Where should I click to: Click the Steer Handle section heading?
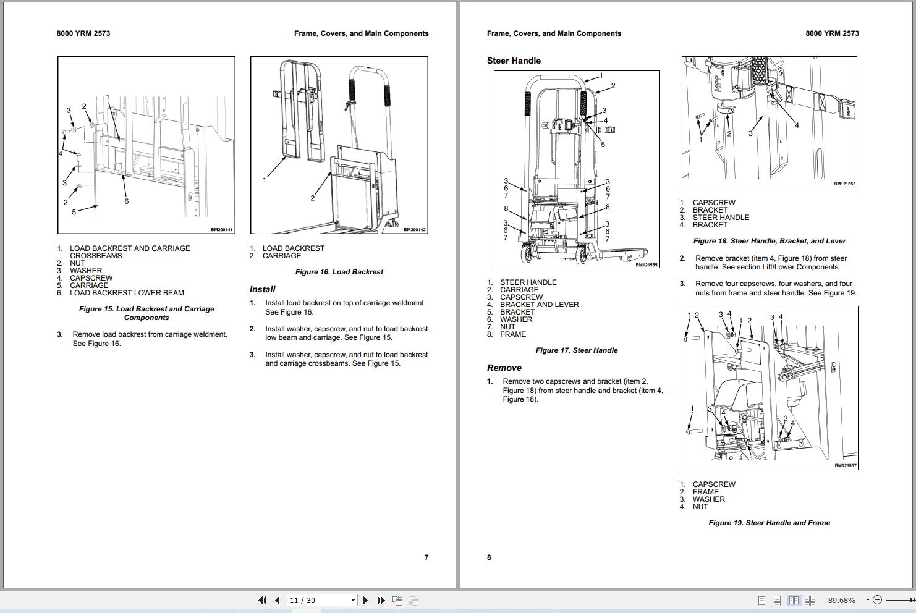pos(514,61)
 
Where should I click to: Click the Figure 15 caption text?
pos(146,313)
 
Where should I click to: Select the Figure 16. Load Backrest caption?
pos(339,272)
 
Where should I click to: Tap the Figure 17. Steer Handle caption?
pos(576,350)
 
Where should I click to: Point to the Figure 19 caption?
pos(769,523)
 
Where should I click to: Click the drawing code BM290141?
pos(221,230)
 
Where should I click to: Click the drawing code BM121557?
pos(845,466)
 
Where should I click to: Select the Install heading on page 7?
pos(263,289)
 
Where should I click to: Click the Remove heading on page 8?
pos(504,368)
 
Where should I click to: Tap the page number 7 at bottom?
pos(426,557)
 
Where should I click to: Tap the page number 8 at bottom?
pos(489,557)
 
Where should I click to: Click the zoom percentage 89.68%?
pos(841,600)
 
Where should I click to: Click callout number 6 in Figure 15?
pos(127,201)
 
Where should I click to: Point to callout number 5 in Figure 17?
pos(603,145)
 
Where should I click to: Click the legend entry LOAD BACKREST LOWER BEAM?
pos(127,293)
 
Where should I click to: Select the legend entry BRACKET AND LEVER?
pos(539,305)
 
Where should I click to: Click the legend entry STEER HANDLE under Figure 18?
pos(721,218)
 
